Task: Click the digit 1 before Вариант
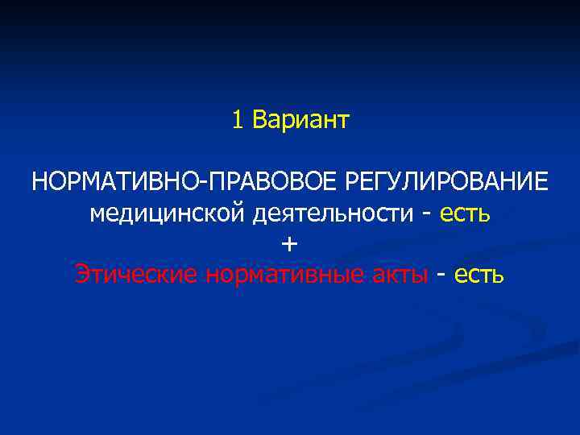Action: click(237, 121)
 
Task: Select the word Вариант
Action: click(300, 121)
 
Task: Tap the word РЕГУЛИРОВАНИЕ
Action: click(447, 182)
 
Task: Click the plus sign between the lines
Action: click(290, 244)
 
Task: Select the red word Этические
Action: click(136, 275)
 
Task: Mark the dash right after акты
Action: click(441, 276)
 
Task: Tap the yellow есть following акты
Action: click(478, 275)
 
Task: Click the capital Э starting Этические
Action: click(82, 275)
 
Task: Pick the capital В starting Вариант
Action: click(259, 121)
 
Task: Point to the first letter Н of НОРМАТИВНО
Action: click(40, 182)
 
